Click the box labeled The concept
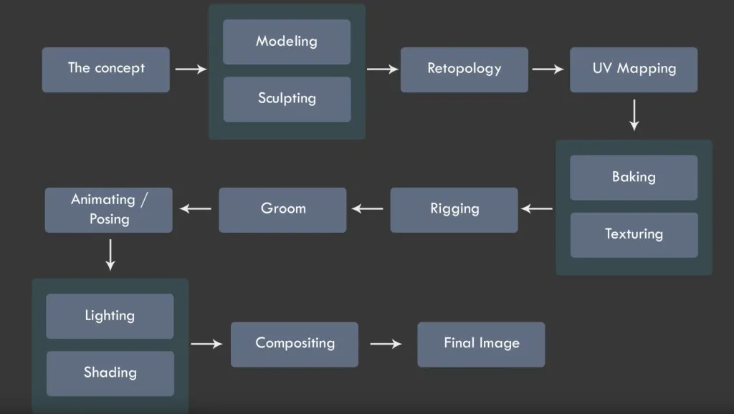pyautogui.click(x=106, y=69)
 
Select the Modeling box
pyautogui.click(x=287, y=42)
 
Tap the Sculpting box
pyautogui.click(x=287, y=99)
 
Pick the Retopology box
pyautogui.click(x=464, y=69)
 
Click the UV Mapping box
pyautogui.click(x=634, y=69)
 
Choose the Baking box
pyautogui.click(x=634, y=177)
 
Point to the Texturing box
pyautogui.click(x=634, y=234)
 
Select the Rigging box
pyautogui.click(x=454, y=209)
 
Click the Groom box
pyautogui.click(x=282, y=209)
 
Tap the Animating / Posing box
pyautogui.click(x=109, y=209)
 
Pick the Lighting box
pyautogui.click(x=110, y=316)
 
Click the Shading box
pyautogui.click(x=110, y=373)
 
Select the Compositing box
pyautogui.click(x=295, y=344)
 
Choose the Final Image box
pyautogui.click(x=481, y=344)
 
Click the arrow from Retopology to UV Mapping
pyautogui.click(x=548, y=69)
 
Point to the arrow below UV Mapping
pyautogui.click(x=634, y=115)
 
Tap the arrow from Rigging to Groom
pyautogui.click(x=368, y=209)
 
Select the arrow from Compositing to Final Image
pyautogui.click(x=386, y=344)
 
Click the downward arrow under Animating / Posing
pyautogui.click(x=110, y=255)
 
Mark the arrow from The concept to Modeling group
pyautogui.click(x=190, y=69)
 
